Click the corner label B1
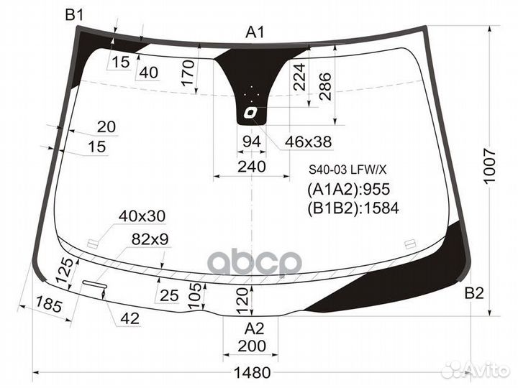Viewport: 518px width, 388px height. (x=74, y=14)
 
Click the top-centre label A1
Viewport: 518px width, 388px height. (x=255, y=32)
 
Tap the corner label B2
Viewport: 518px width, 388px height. (x=474, y=293)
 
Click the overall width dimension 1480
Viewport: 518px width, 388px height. (x=252, y=373)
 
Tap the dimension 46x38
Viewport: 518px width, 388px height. (x=308, y=142)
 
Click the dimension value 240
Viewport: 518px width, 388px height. (x=251, y=167)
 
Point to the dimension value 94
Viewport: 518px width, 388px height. (x=250, y=142)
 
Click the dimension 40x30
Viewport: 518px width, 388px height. (x=142, y=216)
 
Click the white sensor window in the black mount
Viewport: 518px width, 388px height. (x=250, y=112)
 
